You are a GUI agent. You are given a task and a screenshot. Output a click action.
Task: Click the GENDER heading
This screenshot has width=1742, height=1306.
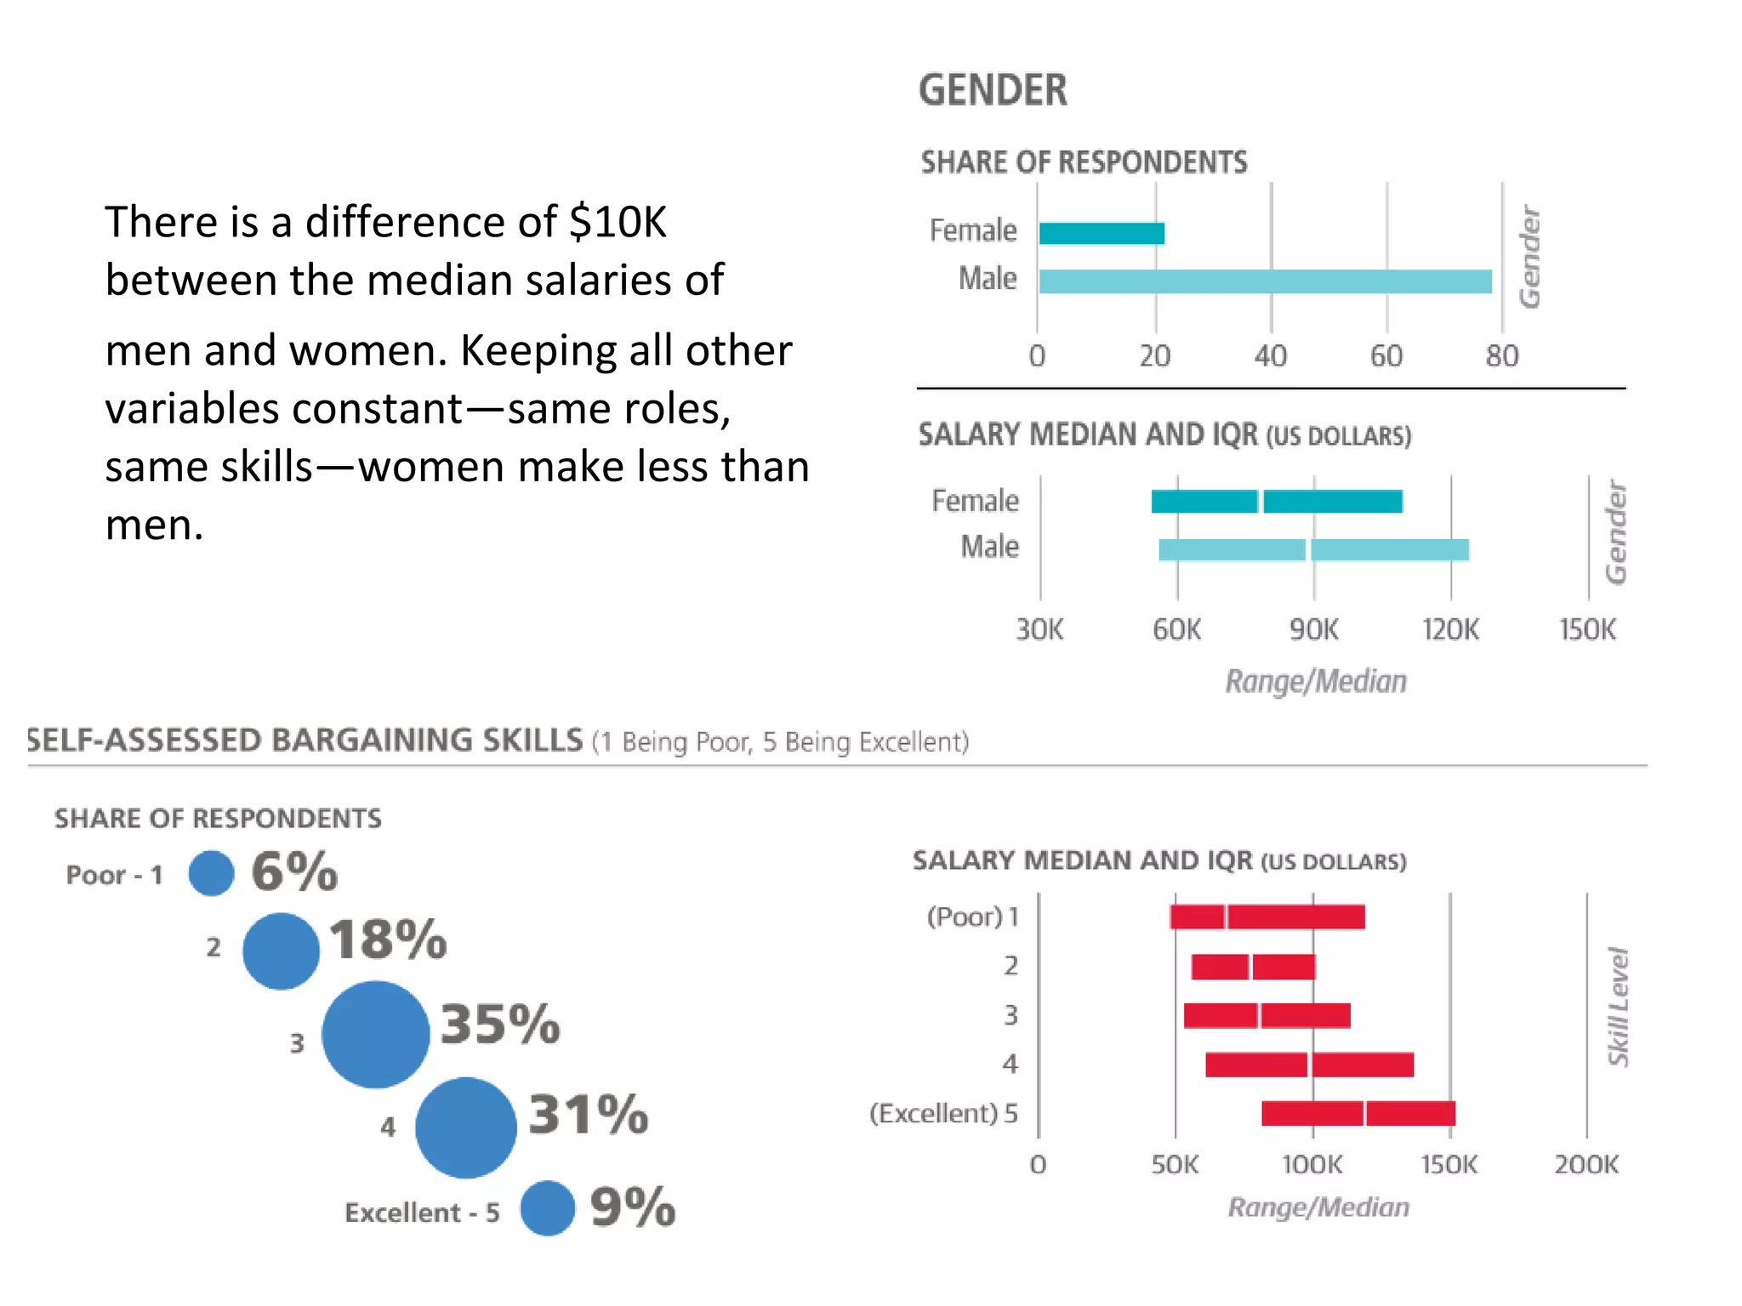pos(993,90)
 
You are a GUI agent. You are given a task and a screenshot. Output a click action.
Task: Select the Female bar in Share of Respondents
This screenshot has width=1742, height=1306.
pos(1102,233)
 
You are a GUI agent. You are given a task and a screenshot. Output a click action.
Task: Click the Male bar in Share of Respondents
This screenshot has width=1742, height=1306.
pos(1265,281)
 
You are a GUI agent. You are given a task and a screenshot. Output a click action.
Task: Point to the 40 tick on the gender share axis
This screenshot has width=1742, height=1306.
pos(1271,355)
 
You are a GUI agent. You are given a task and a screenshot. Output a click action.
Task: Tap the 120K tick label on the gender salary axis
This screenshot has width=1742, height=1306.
pos(1450,630)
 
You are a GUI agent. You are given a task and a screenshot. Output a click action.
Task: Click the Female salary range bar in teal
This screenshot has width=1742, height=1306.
pos(1276,502)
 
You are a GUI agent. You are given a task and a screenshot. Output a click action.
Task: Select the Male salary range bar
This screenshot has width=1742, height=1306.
pos(1313,550)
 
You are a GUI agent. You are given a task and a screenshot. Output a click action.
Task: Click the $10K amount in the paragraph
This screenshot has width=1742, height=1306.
pos(618,222)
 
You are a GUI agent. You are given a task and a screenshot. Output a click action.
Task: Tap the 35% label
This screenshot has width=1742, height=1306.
pos(500,1024)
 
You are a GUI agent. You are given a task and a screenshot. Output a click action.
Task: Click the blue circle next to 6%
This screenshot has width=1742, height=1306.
pos(212,873)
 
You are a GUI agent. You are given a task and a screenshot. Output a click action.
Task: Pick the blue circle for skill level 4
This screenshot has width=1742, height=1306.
pos(465,1127)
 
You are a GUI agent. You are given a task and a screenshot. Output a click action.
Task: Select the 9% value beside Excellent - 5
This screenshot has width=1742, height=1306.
pos(632,1207)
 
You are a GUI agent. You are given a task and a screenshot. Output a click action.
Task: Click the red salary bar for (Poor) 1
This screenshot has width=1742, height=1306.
pos(1267,917)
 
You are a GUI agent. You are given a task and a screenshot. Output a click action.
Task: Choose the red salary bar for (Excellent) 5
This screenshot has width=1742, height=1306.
pos(1358,1113)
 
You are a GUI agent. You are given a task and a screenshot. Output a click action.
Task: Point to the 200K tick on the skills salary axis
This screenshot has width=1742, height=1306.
pos(1586,1164)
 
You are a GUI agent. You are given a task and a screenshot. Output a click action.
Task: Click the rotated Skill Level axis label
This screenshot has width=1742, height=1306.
pos(1617,1007)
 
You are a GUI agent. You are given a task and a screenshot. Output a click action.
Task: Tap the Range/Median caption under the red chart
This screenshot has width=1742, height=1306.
pos(1318,1207)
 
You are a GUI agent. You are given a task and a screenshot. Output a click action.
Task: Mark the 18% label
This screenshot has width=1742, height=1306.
pos(388,940)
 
